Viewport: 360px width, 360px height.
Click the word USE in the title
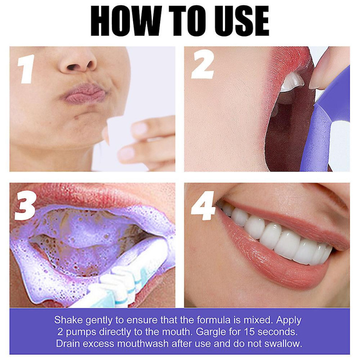click(x=238, y=20)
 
